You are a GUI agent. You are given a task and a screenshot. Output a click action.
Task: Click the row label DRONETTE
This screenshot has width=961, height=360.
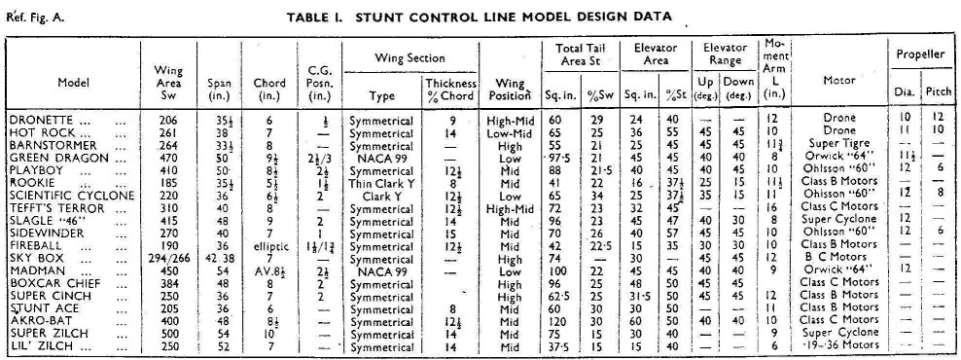click(x=39, y=118)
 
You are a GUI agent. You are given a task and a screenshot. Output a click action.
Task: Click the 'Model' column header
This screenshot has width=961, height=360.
click(x=73, y=82)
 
